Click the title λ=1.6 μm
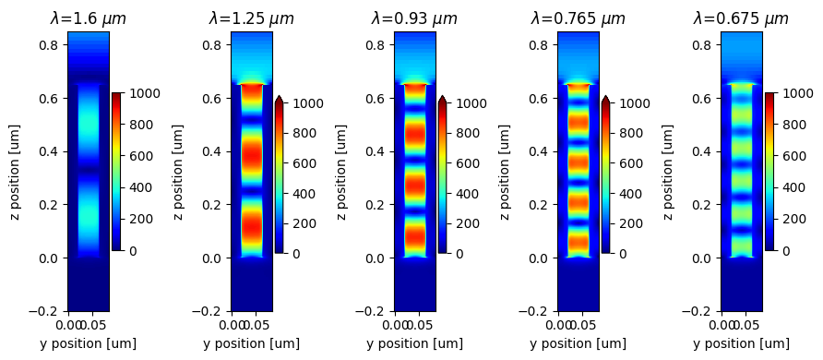pos(88,18)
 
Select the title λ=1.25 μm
pos(251,18)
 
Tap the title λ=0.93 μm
pos(414,18)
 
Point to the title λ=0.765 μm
pos(578,18)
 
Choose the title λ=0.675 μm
pos(741,18)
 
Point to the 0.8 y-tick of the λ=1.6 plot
pos(49,45)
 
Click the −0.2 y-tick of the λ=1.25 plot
pos(209,312)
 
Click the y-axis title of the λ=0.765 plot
pos(505,172)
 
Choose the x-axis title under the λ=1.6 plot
pos(88,343)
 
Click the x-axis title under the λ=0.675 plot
pos(741,343)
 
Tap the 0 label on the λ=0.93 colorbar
pos(455,254)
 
